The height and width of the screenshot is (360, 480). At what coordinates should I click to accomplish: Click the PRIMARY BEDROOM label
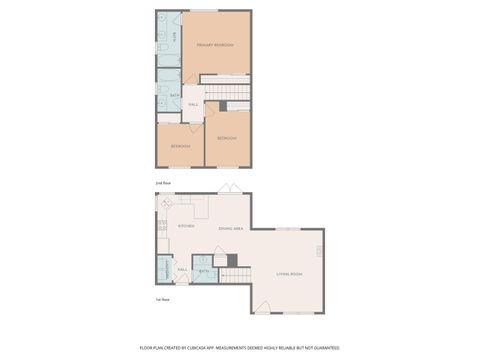(x=215, y=46)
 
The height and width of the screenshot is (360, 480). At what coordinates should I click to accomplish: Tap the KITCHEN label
(x=186, y=226)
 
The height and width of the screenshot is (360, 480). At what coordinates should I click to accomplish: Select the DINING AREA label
(x=233, y=227)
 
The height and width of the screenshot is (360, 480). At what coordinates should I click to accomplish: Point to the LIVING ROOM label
(x=289, y=273)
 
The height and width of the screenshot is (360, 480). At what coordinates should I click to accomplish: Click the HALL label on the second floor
(x=193, y=104)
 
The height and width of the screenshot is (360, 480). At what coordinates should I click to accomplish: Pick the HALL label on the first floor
(x=183, y=269)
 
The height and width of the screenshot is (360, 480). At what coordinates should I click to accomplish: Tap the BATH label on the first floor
(x=204, y=271)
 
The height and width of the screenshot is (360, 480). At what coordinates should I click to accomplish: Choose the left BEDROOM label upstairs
(x=180, y=146)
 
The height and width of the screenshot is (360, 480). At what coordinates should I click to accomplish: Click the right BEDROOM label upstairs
(x=228, y=138)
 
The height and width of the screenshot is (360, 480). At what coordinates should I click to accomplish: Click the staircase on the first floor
(x=236, y=275)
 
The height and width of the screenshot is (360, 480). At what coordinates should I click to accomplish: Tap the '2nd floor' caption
(x=162, y=185)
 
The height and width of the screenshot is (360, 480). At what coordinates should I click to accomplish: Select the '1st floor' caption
(x=162, y=300)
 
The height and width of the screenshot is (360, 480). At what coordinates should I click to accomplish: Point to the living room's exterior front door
(x=263, y=306)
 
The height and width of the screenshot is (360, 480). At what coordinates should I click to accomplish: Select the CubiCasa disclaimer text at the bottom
(x=240, y=347)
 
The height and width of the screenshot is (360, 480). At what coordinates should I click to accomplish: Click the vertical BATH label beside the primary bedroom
(x=176, y=37)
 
